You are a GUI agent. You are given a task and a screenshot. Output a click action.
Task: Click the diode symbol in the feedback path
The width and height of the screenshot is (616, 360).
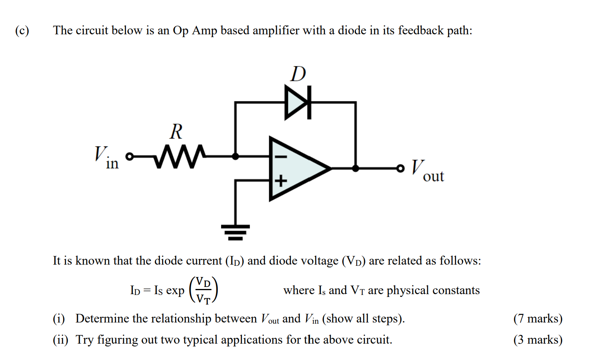(298, 102)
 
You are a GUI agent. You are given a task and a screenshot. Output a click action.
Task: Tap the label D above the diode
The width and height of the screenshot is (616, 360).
(298, 74)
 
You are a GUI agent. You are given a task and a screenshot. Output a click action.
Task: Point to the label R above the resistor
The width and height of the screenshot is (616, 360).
(176, 131)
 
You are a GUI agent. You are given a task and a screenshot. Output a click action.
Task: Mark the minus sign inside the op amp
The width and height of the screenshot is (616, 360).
(280, 156)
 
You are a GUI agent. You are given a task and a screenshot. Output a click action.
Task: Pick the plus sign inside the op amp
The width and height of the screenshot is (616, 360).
(280, 181)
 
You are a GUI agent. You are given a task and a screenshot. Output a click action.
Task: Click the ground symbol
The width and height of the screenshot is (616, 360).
(235, 231)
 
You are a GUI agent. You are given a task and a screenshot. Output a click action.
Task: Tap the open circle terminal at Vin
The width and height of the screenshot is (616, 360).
(129, 156)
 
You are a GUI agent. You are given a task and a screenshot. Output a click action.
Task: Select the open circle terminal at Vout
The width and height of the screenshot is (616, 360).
(400, 168)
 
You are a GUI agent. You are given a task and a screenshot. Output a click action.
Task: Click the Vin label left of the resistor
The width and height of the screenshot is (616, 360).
(106, 158)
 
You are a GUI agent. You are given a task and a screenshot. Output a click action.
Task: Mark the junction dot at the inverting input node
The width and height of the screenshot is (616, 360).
(235, 156)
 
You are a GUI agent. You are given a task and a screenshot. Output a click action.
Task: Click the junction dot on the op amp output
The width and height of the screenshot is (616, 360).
(355, 168)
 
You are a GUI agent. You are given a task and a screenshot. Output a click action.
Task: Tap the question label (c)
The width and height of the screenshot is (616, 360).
(22, 31)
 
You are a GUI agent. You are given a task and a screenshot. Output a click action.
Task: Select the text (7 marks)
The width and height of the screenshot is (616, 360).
(538, 318)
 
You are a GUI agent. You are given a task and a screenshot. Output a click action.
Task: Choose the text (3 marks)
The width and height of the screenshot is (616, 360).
(538, 340)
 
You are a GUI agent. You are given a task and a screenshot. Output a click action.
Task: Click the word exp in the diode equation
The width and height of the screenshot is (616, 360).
(175, 291)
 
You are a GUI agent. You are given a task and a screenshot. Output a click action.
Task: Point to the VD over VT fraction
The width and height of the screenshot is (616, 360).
(203, 290)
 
